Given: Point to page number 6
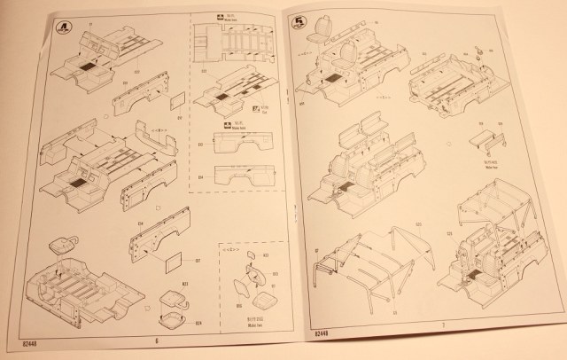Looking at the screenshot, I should pos(156,340).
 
